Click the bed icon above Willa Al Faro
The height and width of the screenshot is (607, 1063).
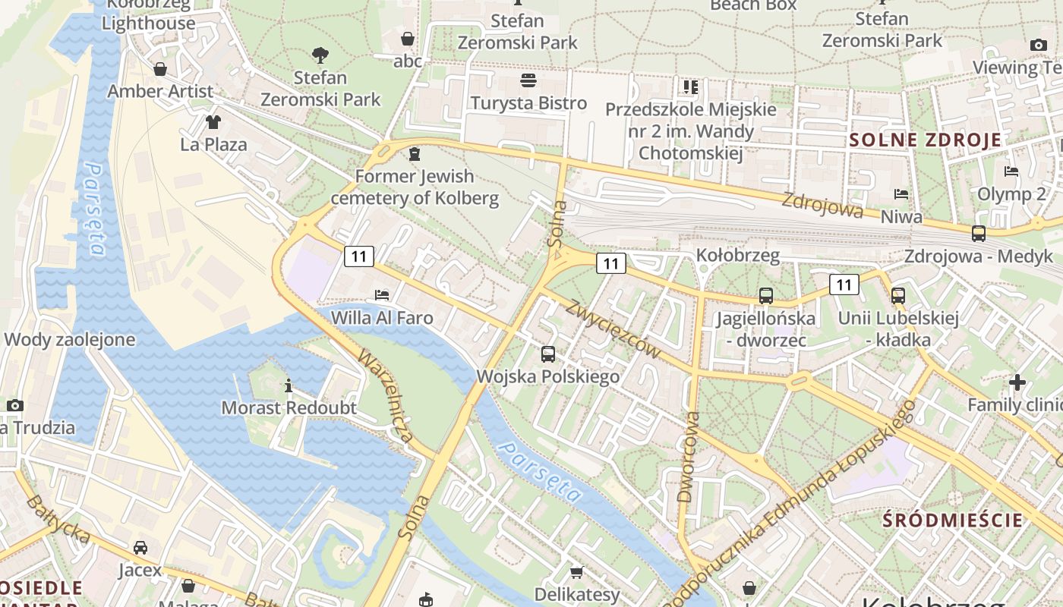pyautogui.click(x=382, y=294)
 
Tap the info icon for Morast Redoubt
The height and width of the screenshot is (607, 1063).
pyautogui.click(x=289, y=385)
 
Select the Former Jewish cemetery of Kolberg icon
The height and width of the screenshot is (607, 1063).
pyautogui.click(x=414, y=155)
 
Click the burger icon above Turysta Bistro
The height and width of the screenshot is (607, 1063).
pyautogui.click(x=528, y=80)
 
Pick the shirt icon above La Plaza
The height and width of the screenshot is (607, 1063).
pyautogui.click(x=213, y=121)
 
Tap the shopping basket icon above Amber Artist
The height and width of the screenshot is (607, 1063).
pyautogui.click(x=160, y=69)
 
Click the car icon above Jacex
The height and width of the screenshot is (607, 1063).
pyautogui.click(x=140, y=547)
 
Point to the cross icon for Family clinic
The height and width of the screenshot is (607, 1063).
pyautogui.click(x=1017, y=382)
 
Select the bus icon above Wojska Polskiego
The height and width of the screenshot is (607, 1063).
pyautogui.click(x=548, y=354)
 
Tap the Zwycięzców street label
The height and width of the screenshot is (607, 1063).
pyautogui.click(x=613, y=327)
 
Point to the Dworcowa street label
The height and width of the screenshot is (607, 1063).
pyautogui.click(x=688, y=457)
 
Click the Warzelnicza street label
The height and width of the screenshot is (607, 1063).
pyautogui.click(x=386, y=395)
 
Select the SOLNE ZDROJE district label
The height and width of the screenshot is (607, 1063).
pyautogui.click(x=925, y=140)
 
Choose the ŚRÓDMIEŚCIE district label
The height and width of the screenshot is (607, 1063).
pyautogui.click(x=953, y=521)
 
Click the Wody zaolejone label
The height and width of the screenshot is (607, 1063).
pyautogui.click(x=70, y=339)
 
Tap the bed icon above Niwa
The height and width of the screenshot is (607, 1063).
pyautogui.click(x=901, y=194)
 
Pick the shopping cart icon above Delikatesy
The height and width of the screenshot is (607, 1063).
pyautogui.click(x=577, y=571)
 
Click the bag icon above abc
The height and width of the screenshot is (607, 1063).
pyautogui.click(x=408, y=39)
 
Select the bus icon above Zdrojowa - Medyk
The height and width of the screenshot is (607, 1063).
pyautogui.click(x=979, y=234)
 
